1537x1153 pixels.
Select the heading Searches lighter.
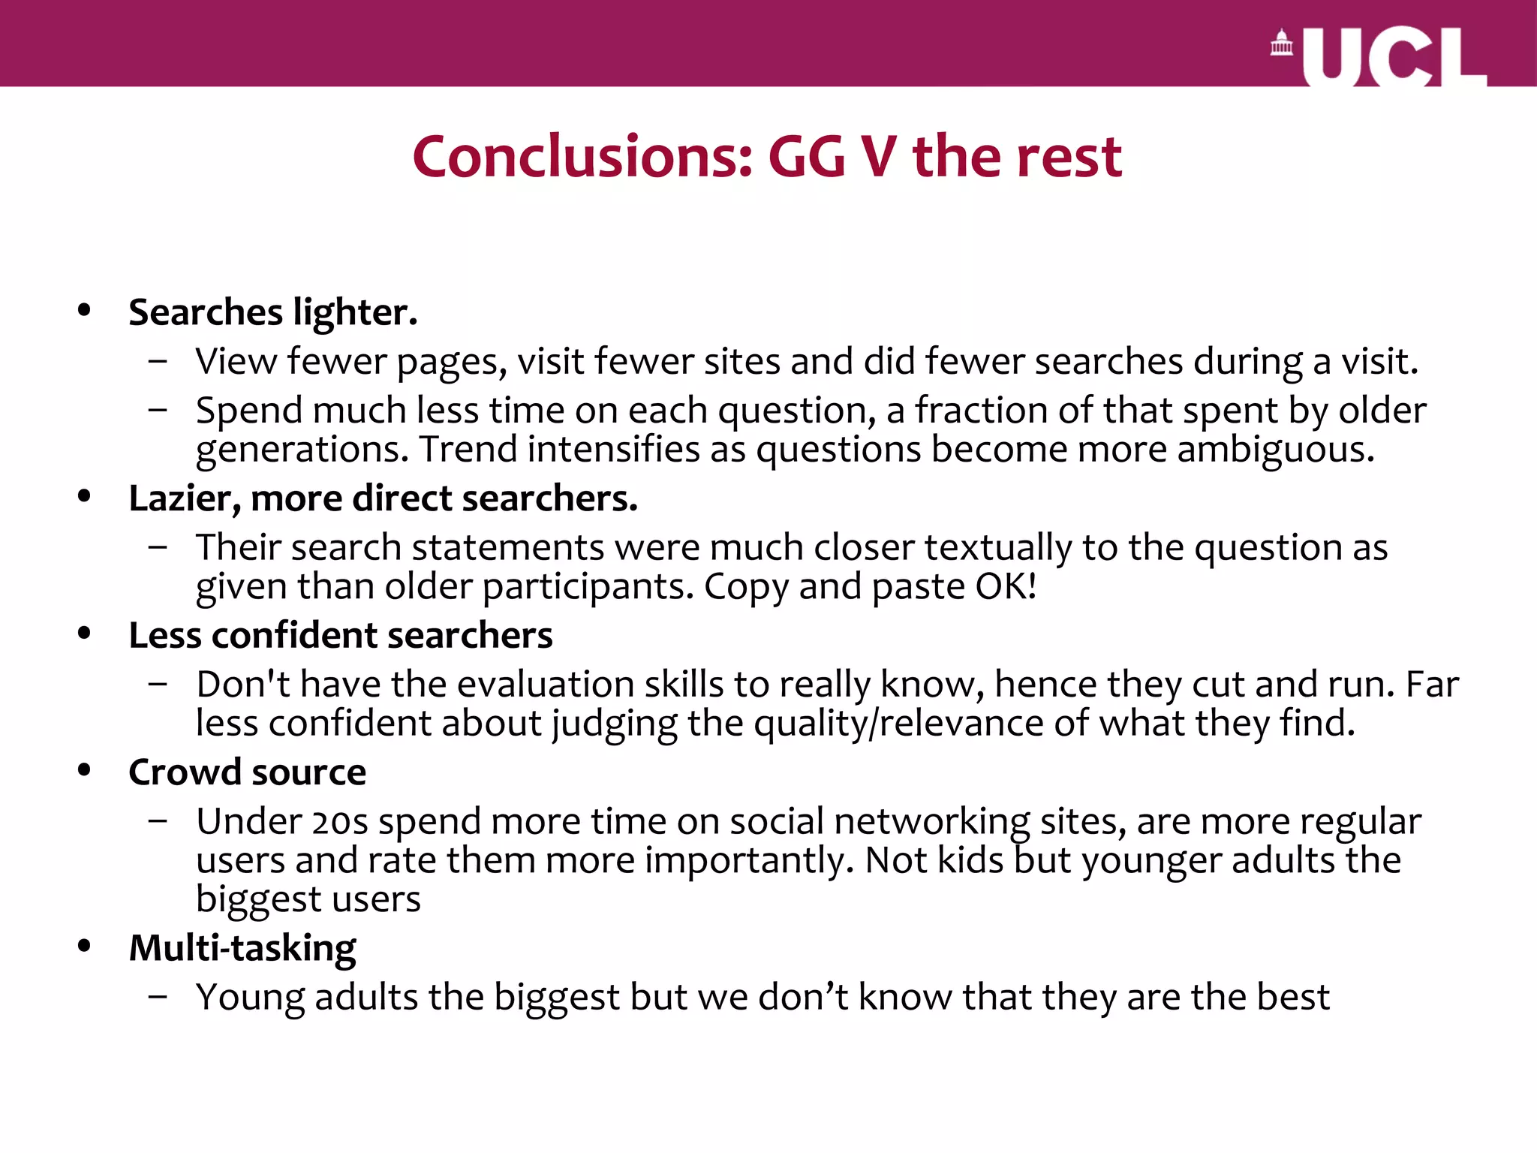pyautogui.click(x=272, y=312)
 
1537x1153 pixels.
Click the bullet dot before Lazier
pyautogui.click(x=84, y=495)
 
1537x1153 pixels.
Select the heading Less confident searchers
pyautogui.click(x=341, y=636)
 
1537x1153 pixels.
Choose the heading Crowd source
pyautogui.click(x=248, y=772)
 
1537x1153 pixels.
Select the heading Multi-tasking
pyautogui.click(x=242, y=948)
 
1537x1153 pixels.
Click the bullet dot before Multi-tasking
pyautogui.click(x=84, y=946)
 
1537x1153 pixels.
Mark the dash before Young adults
pyautogui.click(x=158, y=997)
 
